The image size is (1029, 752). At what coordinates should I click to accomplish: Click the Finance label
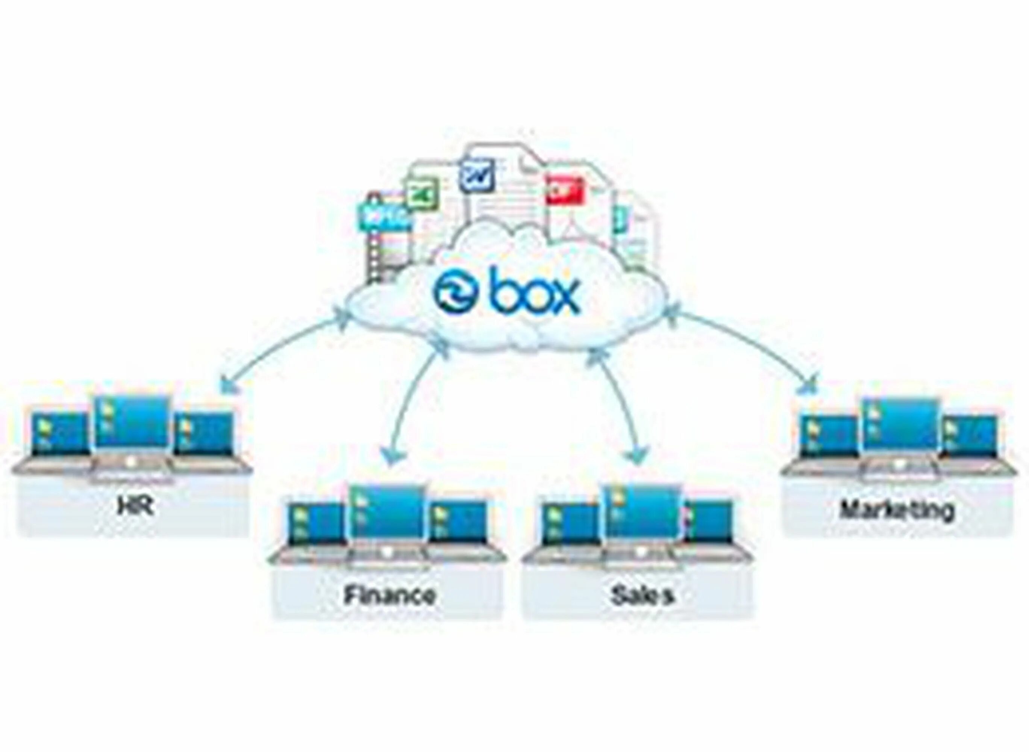(x=389, y=594)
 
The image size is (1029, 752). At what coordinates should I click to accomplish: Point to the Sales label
(x=642, y=595)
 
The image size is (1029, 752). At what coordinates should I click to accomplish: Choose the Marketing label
(x=896, y=510)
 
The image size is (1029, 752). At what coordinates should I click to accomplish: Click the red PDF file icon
(x=564, y=190)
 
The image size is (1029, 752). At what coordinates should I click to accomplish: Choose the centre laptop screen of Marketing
(x=900, y=424)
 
